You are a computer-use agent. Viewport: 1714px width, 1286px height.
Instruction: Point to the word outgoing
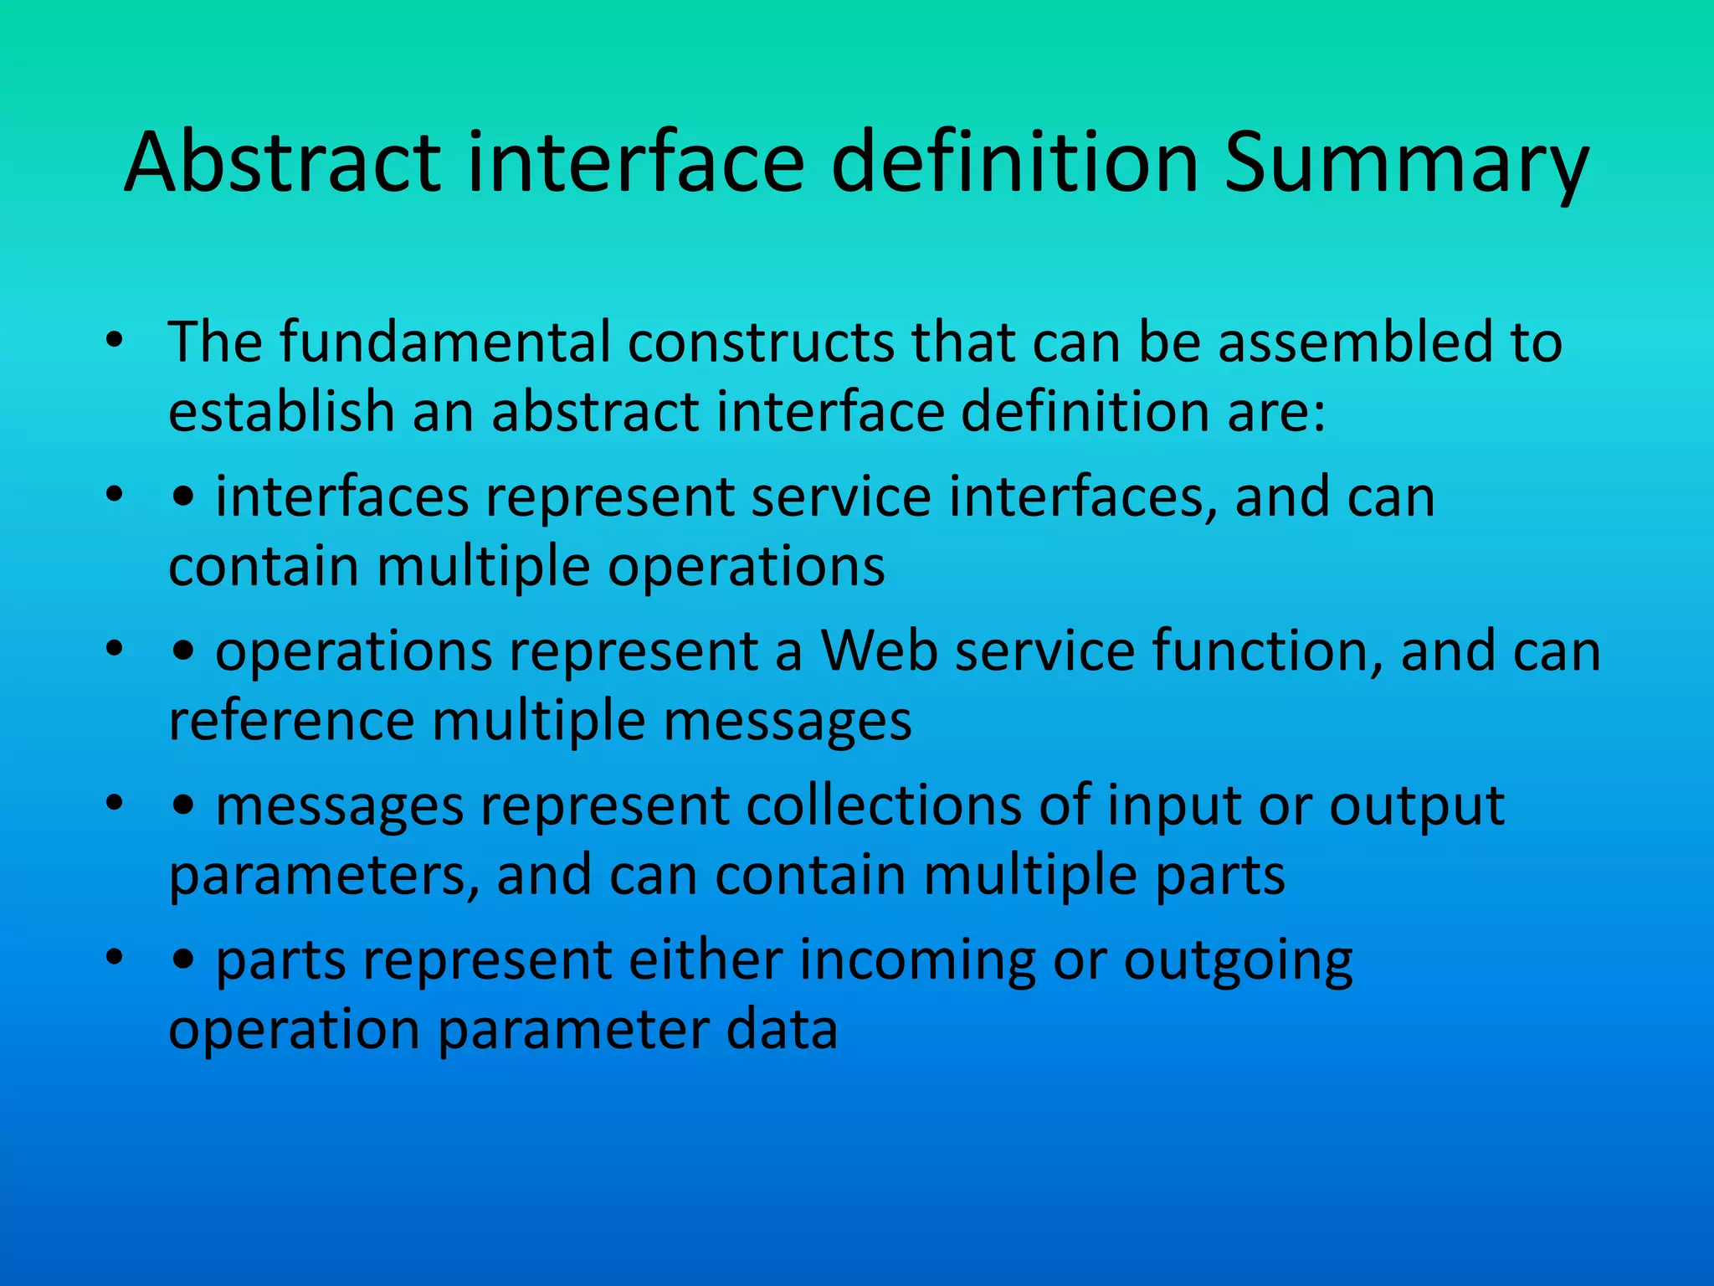coord(1238,961)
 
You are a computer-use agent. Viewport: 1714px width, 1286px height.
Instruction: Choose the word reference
coord(291,721)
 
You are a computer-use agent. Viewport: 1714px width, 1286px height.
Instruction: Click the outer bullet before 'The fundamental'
coord(115,342)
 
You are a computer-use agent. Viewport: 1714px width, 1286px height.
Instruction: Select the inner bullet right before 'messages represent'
coord(183,807)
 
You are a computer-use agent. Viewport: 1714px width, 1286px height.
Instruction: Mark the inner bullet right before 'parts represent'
coord(183,961)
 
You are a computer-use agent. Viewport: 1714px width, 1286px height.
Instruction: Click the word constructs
coord(761,342)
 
